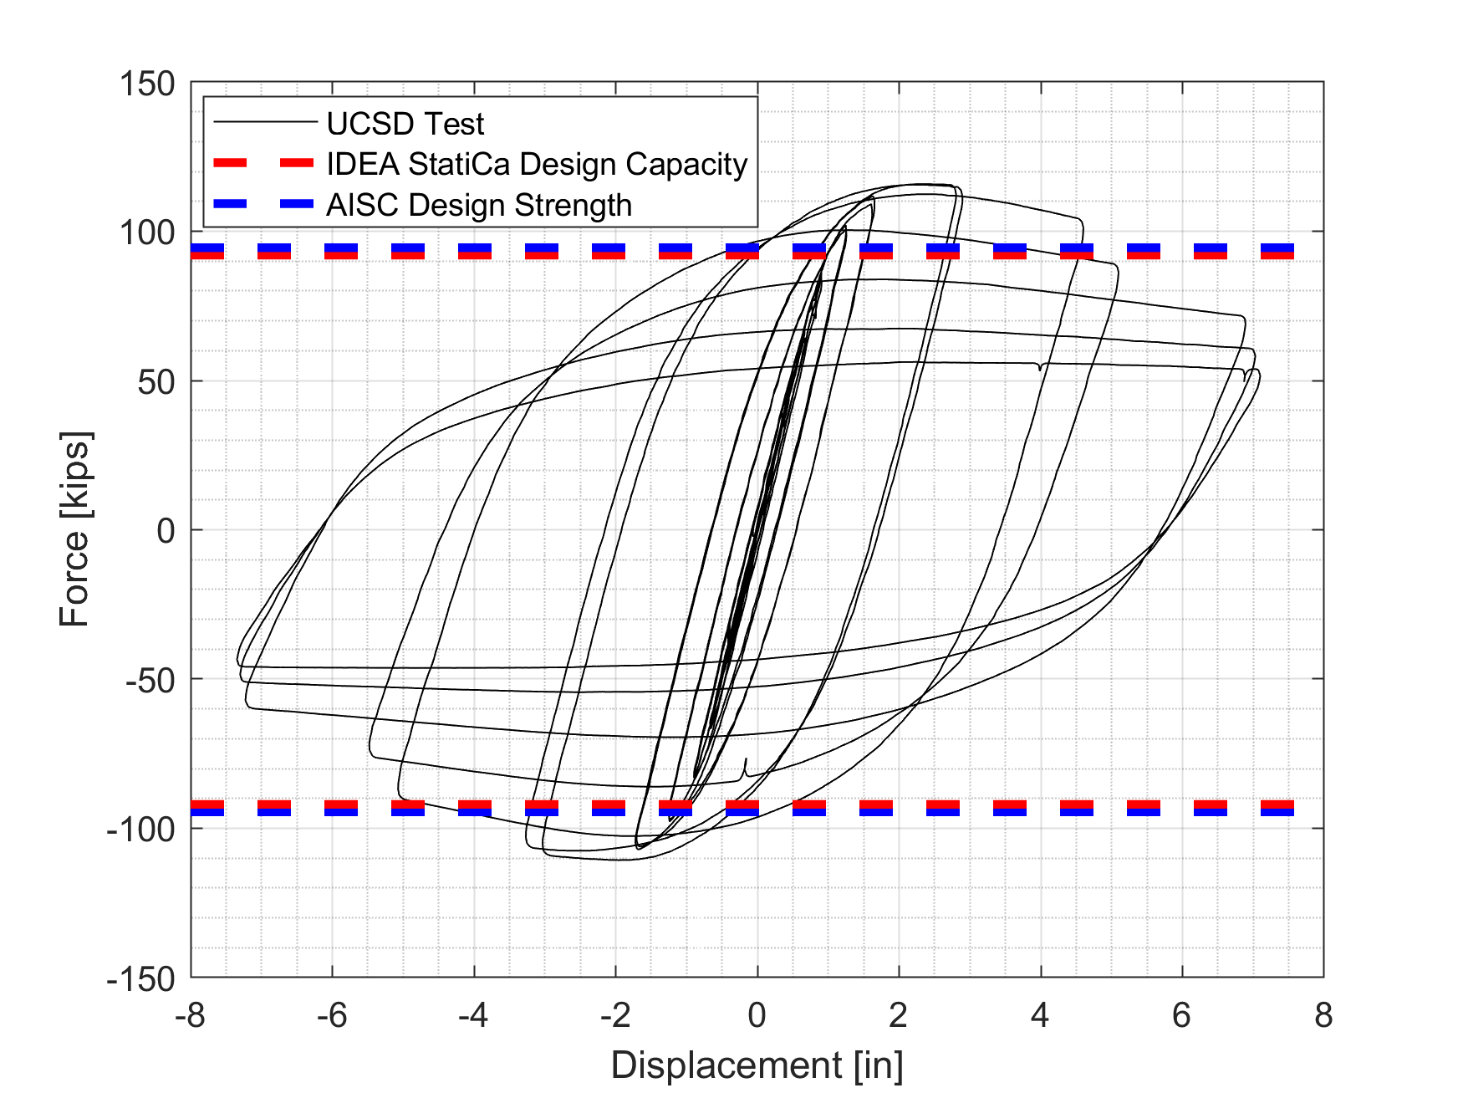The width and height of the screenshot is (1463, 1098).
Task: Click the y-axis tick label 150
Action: [x=147, y=84]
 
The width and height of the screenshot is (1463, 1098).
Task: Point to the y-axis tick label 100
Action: [x=147, y=232]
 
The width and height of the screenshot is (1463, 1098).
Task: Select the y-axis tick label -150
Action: [x=142, y=978]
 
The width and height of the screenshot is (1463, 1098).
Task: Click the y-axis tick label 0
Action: [x=166, y=531]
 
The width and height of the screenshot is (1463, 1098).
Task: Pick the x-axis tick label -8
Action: [x=191, y=1015]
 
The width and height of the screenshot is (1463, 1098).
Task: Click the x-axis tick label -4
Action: [x=473, y=1015]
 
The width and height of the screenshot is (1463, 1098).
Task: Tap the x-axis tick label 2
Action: [x=899, y=1015]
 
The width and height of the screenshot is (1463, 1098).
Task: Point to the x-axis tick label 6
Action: [x=1181, y=1015]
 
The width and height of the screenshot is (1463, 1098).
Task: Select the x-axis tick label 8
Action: [x=1323, y=1015]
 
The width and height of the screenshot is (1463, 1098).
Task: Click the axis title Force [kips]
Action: [x=75, y=530]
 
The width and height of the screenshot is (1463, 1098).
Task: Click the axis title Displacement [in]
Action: [x=757, y=1065]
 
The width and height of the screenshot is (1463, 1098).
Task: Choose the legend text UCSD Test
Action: [x=405, y=124]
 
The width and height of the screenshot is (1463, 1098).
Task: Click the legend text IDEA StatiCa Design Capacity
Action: [x=537, y=164]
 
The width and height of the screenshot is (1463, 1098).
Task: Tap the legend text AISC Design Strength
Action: [x=479, y=205]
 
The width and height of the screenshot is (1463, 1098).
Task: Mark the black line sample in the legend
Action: [x=264, y=123]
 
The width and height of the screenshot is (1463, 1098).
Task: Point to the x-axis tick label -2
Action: [x=615, y=1015]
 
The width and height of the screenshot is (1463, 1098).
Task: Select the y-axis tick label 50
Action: [x=154, y=382]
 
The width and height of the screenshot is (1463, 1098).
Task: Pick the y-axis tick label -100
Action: [x=142, y=830]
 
